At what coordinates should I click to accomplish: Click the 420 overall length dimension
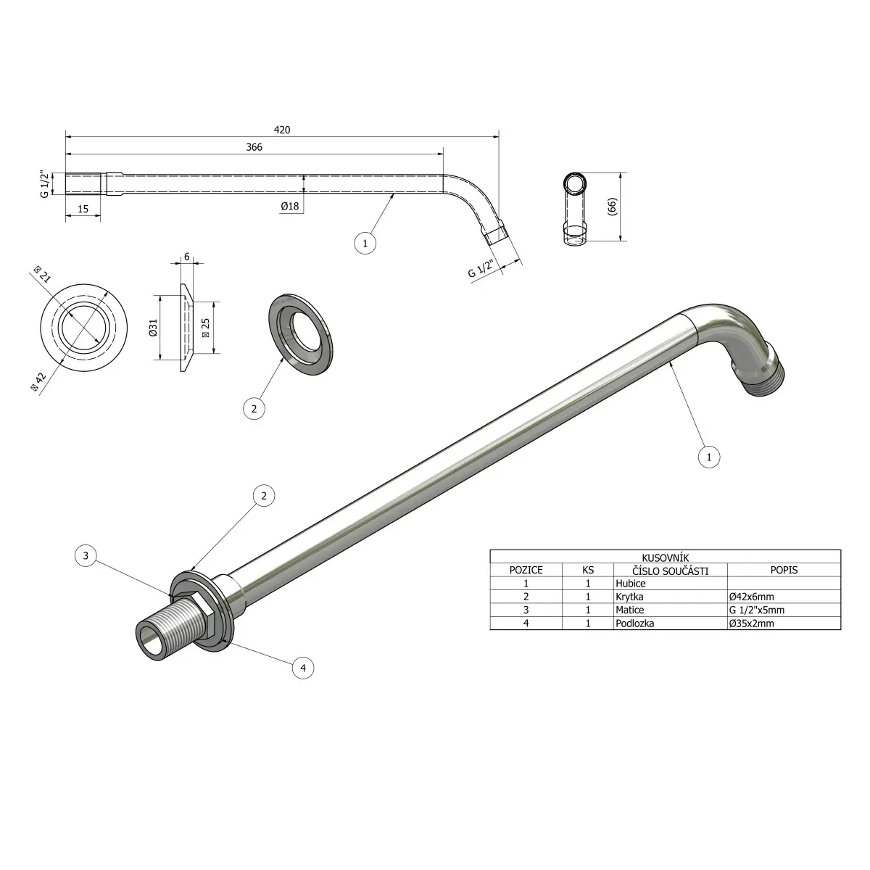pyautogui.click(x=282, y=130)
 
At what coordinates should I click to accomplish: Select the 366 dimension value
pyautogui.click(x=254, y=147)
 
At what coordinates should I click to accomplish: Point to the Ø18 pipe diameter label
pyautogui.click(x=290, y=207)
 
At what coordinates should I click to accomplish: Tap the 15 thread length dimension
pyautogui.click(x=83, y=209)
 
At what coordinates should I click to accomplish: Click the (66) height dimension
pyautogui.click(x=612, y=207)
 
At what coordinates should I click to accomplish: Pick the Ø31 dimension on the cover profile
pyautogui.click(x=154, y=327)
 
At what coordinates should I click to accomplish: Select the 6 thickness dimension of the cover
pyautogui.click(x=187, y=257)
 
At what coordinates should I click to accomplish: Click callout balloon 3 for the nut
pyautogui.click(x=86, y=555)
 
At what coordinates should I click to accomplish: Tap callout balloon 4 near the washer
pyautogui.click(x=303, y=668)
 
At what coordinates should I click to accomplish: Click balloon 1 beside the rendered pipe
pyautogui.click(x=709, y=457)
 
